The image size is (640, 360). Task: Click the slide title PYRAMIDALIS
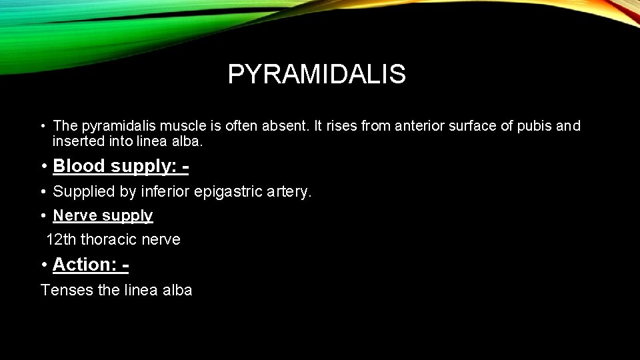(316, 75)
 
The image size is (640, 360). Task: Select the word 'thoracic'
(107, 239)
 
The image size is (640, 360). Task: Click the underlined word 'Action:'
(85, 265)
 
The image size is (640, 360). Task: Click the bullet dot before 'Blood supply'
(43, 166)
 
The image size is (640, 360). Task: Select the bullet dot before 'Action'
(43, 265)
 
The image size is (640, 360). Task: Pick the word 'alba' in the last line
(177, 290)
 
